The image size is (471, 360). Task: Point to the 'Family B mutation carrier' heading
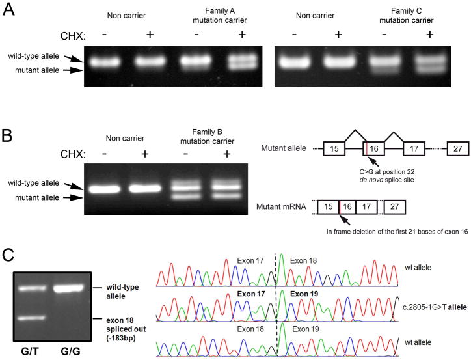point(199,143)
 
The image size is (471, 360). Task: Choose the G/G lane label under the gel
point(69,349)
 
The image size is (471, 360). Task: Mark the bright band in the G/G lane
point(70,288)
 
